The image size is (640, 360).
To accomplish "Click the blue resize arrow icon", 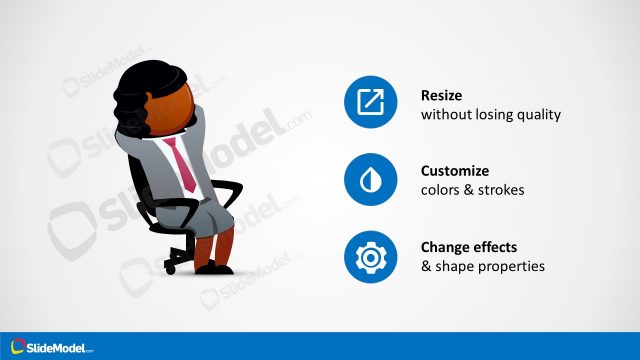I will pyautogui.click(x=370, y=102).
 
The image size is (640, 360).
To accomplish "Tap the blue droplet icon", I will pyautogui.click(x=370, y=179).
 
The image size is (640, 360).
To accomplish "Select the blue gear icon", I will pyautogui.click(x=370, y=256).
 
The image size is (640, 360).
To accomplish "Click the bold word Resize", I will pyautogui.click(x=443, y=95).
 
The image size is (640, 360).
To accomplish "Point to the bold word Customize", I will pyautogui.click(x=454, y=171).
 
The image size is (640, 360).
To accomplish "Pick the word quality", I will pyautogui.click(x=538, y=115).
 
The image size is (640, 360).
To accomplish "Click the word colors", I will pyautogui.click(x=440, y=190).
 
